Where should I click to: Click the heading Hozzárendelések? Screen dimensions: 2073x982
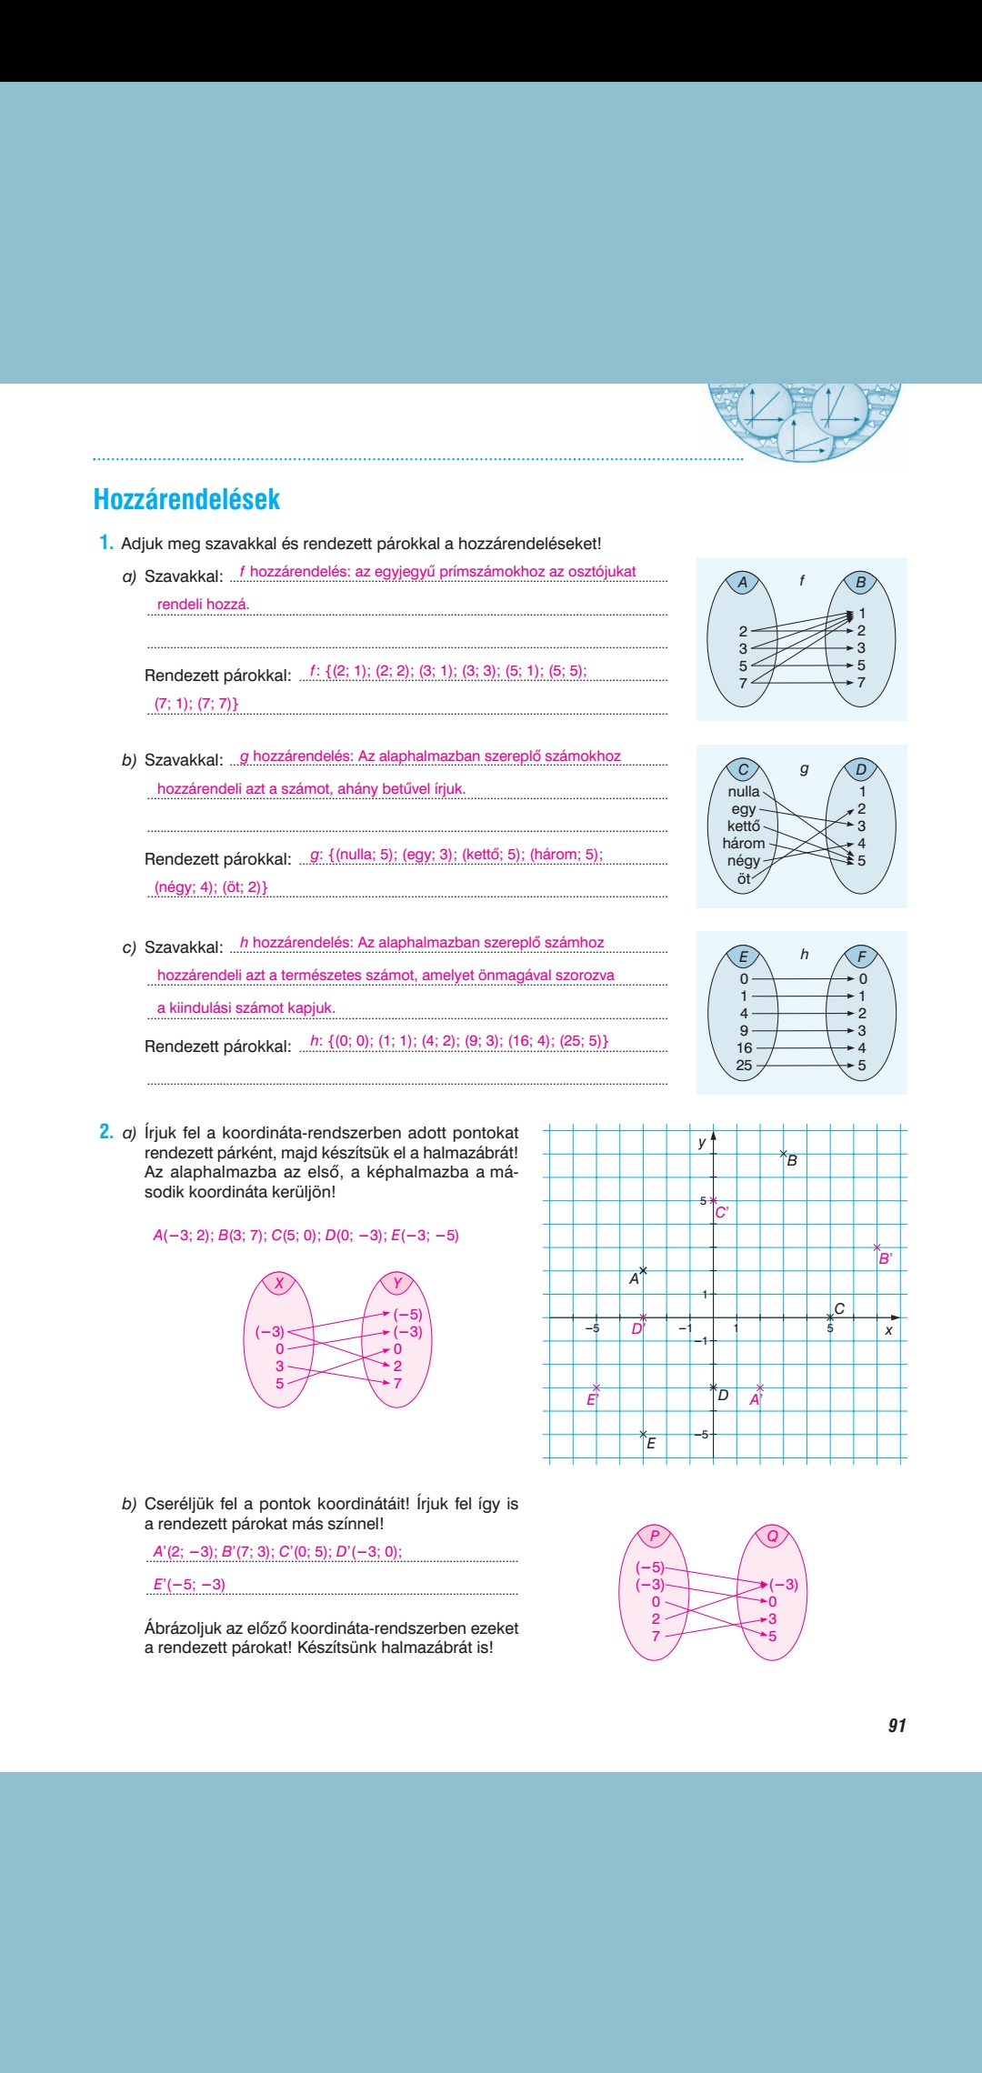click(186, 499)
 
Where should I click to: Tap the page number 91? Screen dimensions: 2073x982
click(897, 1725)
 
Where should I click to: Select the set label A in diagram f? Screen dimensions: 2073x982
click(742, 583)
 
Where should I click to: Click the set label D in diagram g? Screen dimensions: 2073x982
click(860, 770)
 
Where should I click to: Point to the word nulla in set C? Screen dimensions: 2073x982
click(743, 791)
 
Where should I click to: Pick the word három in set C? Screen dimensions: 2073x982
click(743, 843)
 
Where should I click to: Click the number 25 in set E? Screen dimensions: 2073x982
click(744, 1065)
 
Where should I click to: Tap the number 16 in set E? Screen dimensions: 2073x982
click(744, 1047)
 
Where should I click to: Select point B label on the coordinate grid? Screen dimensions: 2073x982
click(792, 1161)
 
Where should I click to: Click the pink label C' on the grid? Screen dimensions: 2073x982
click(722, 1212)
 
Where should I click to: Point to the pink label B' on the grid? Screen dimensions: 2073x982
click(885, 1259)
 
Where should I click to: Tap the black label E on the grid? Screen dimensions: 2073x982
click(651, 1443)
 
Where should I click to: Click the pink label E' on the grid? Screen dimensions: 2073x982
click(592, 1399)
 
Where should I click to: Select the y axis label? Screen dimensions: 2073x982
click(701, 1143)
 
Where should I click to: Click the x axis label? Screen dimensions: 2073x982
click(888, 1330)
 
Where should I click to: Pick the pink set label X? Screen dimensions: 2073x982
click(279, 1284)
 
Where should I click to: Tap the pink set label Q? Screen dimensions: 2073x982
click(772, 1537)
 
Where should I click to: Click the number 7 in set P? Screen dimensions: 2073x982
click(656, 1636)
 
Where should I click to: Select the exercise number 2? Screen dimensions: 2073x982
click(106, 1132)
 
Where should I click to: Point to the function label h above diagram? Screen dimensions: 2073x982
click(804, 954)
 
